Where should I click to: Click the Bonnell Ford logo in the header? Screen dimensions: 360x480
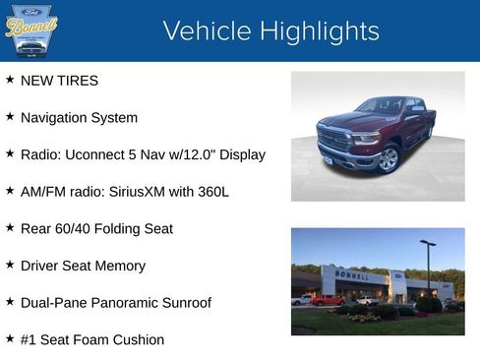coord(31,31)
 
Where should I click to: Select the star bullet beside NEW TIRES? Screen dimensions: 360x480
coord(10,80)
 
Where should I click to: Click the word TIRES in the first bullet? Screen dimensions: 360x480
coord(78,81)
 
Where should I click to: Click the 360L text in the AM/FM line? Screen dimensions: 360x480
coord(211,192)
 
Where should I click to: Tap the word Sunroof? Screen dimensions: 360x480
coord(184,303)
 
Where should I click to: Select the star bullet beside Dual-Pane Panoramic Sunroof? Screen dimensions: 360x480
coord(10,302)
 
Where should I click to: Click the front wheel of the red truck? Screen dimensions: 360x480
coord(390,159)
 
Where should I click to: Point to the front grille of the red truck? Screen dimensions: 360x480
coord(333,139)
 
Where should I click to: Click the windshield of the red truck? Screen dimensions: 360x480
coord(381,105)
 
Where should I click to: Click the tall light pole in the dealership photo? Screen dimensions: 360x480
coord(428,270)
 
